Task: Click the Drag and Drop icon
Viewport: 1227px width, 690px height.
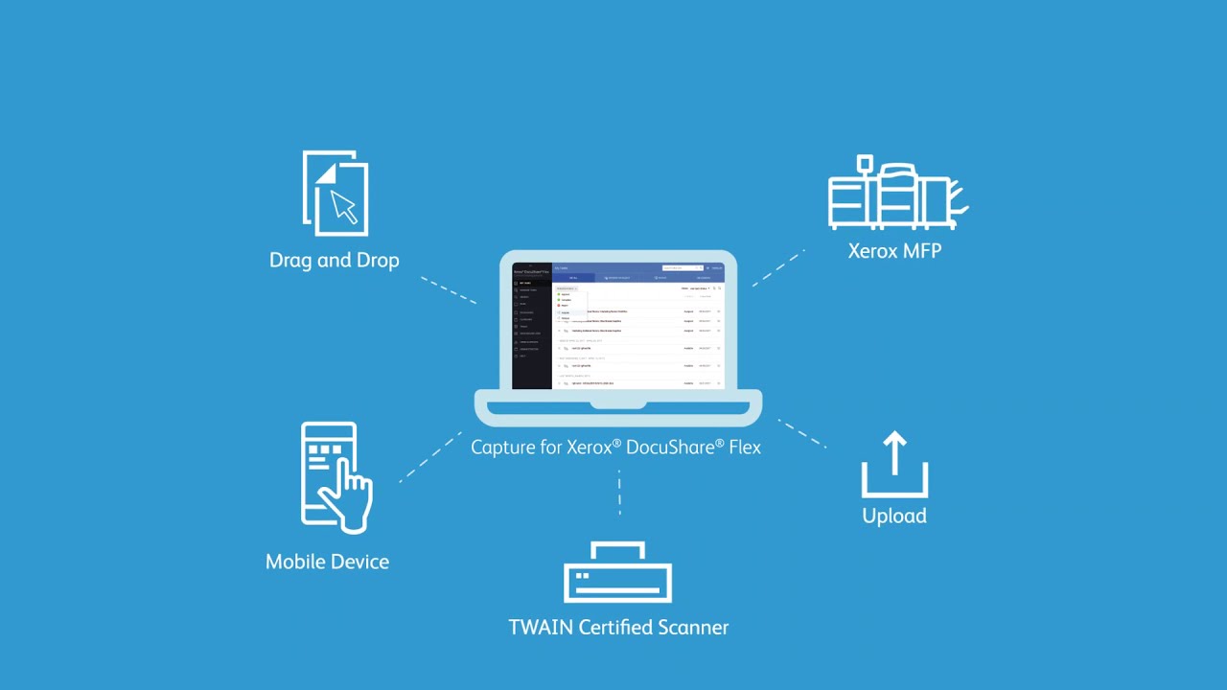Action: click(336, 194)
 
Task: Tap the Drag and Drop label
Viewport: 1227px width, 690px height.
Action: click(334, 261)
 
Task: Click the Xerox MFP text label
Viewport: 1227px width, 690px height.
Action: click(894, 251)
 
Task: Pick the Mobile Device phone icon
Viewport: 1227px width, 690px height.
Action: click(335, 476)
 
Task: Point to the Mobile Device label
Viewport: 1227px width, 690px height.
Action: click(327, 563)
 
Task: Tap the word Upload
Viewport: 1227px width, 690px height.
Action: click(894, 516)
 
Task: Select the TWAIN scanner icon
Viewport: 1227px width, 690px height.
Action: click(618, 572)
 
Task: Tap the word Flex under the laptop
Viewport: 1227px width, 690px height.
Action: click(745, 447)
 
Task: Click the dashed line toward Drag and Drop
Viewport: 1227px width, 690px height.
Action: click(449, 290)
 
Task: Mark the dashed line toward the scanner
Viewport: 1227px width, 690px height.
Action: click(619, 493)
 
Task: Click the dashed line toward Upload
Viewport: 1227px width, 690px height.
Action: click(801, 432)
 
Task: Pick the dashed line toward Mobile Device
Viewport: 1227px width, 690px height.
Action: click(429, 457)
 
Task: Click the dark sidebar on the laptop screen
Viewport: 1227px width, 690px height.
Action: click(532, 326)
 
